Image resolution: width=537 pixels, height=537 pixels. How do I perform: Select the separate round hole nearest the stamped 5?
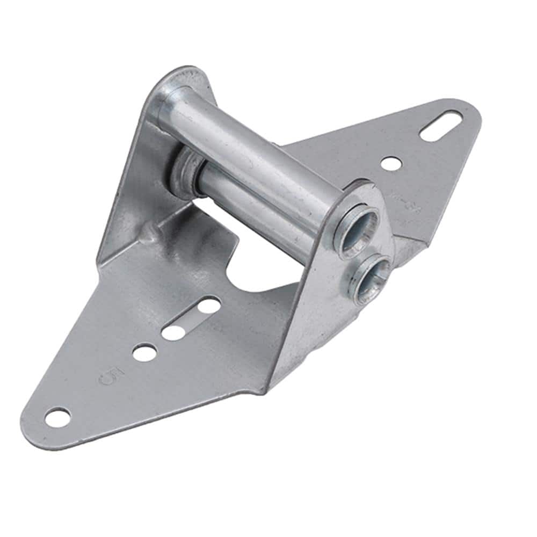pyautogui.click(x=144, y=352)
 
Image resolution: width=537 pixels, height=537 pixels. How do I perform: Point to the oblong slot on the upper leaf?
pyautogui.click(x=440, y=125)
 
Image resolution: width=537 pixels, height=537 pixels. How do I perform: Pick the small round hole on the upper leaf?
pyautogui.click(x=391, y=163)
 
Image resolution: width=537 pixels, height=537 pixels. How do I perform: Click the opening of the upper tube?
pyautogui.click(x=356, y=228)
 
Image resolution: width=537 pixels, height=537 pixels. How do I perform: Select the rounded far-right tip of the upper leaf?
pyautogui.click(x=473, y=115)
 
